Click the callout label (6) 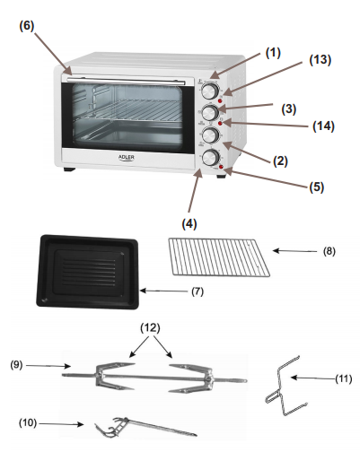tap(27, 26)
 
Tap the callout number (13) tap(320, 60)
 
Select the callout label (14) tap(323, 126)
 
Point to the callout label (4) tap(189, 223)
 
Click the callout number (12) tap(150, 328)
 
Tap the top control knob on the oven tap(210, 91)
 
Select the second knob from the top tap(210, 112)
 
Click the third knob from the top tap(210, 135)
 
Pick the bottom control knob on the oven tap(210, 158)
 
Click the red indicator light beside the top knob tap(220, 101)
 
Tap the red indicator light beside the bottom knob tap(221, 167)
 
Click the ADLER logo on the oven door tap(127, 158)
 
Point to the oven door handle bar tap(127, 80)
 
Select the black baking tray tap(87, 272)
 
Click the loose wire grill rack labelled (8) tap(219, 257)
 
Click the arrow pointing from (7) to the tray tap(163, 291)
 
